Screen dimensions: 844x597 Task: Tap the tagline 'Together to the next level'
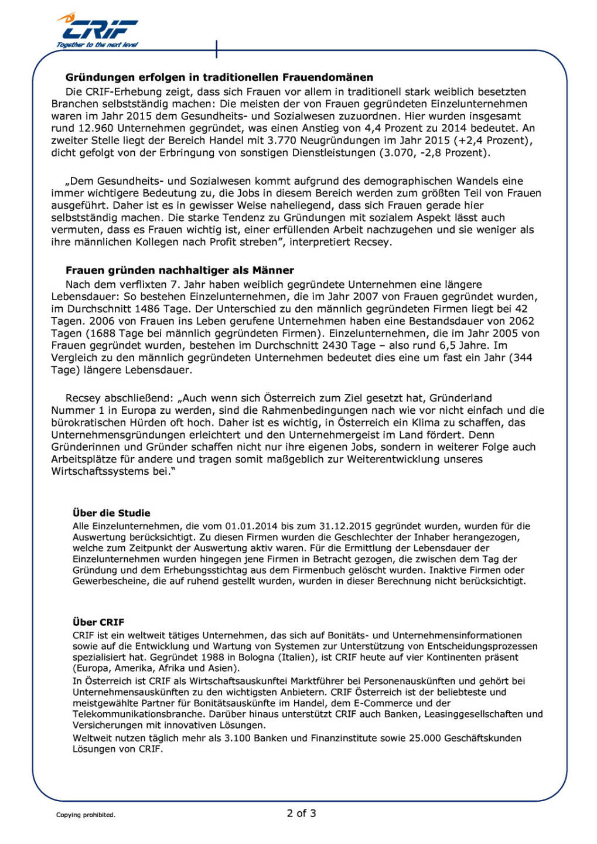[97, 45]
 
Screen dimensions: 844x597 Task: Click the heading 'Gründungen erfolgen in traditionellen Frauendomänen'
[219, 77]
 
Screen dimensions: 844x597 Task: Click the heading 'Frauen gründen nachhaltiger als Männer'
[179, 270]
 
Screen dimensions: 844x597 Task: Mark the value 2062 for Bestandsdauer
[521, 321]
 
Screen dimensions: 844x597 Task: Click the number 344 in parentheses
[523, 358]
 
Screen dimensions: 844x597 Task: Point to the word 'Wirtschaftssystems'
[100, 471]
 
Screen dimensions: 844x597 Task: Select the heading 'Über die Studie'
[111, 513]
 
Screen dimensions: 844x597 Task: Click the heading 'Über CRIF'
[98, 622]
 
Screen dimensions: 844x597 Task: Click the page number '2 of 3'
[301, 813]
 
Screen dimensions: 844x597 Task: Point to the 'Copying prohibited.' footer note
[86, 815]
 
